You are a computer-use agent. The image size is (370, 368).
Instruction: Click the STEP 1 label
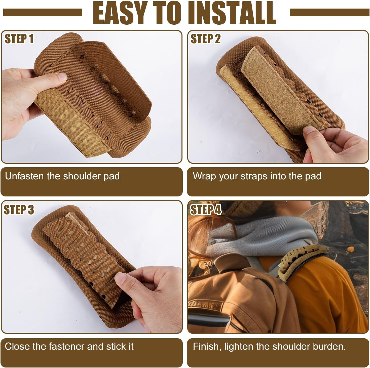click(19, 39)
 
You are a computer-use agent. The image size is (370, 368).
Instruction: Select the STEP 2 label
click(205, 39)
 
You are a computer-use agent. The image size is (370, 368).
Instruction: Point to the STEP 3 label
click(19, 210)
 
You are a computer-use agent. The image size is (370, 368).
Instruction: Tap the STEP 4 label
click(205, 210)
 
